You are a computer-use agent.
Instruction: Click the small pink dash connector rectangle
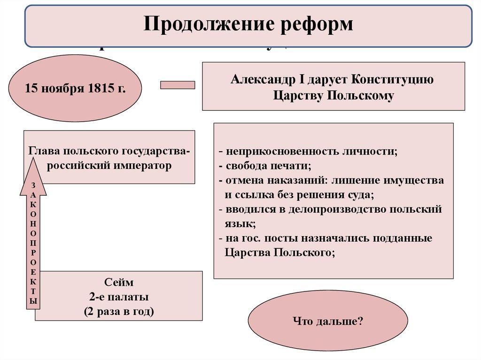pos(178,85)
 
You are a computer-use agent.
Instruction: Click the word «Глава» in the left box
pos(43,152)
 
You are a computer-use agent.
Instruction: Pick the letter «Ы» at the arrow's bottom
pos(33,301)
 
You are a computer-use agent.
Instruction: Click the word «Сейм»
pos(119,283)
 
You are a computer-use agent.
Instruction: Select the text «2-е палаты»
pos(119,297)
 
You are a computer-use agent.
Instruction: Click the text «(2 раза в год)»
pos(119,311)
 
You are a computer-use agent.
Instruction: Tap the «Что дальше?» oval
pos(328,322)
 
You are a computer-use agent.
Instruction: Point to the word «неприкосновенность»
pos(280,152)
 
